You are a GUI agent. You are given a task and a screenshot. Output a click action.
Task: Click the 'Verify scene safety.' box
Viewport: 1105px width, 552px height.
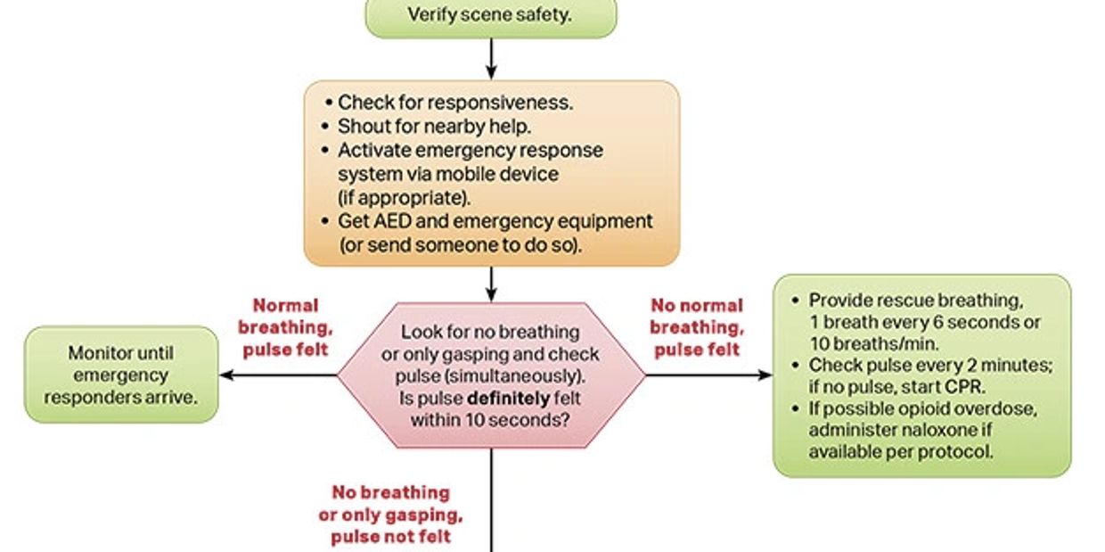coord(490,15)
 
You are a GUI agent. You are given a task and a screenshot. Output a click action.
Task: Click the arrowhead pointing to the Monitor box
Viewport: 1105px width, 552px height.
coord(226,375)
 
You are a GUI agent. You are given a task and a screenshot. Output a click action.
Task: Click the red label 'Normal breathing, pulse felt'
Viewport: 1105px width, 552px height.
coord(284,327)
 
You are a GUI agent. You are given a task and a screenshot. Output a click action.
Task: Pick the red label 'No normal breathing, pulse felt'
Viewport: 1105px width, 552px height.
coord(697,327)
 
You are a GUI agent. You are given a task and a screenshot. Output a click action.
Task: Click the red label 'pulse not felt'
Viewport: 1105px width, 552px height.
coord(390,536)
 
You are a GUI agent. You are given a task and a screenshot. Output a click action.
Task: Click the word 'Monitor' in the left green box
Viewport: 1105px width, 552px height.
coord(102,353)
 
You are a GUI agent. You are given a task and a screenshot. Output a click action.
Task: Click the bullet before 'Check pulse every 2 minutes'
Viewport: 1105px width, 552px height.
coord(796,366)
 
